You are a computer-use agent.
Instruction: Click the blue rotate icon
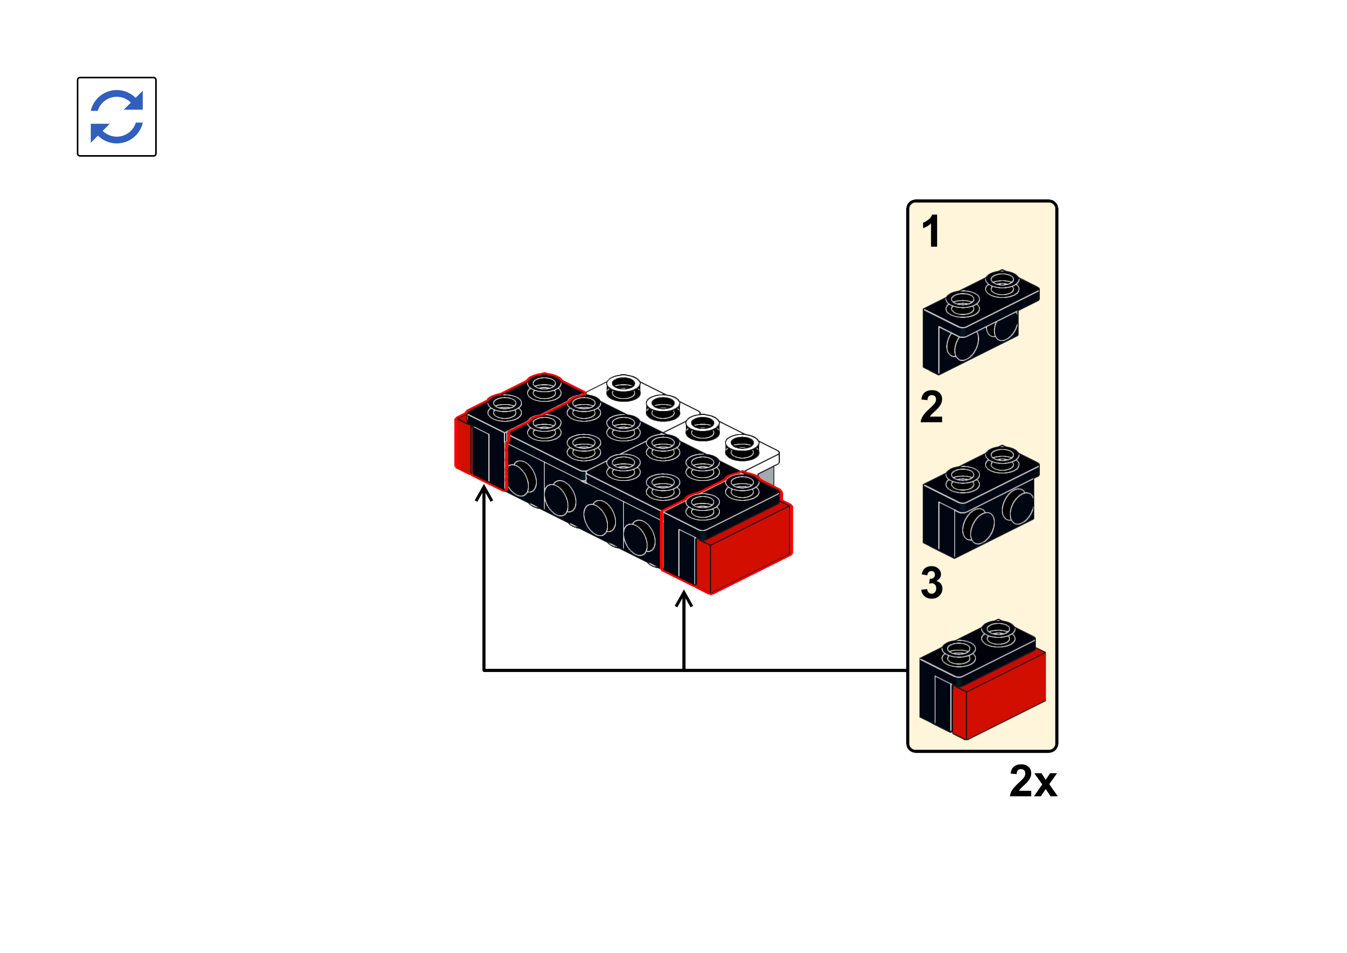pyautogui.click(x=117, y=116)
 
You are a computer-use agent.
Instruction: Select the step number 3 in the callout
pyautogui.click(x=931, y=583)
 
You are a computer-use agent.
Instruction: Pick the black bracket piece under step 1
pyautogui.click(x=981, y=322)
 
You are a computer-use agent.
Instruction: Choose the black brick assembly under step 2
pyautogui.click(x=981, y=502)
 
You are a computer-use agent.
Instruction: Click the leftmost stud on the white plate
pyautogui.click(x=623, y=387)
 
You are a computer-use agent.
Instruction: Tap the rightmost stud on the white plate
pyautogui.click(x=742, y=447)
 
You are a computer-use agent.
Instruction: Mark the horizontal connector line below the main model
pyautogui.click(x=695, y=670)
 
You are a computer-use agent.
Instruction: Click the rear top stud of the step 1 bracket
pyautogui.click(x=1002, y=283)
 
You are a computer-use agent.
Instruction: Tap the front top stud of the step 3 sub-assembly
pyautogui.click(x=958, y=654)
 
